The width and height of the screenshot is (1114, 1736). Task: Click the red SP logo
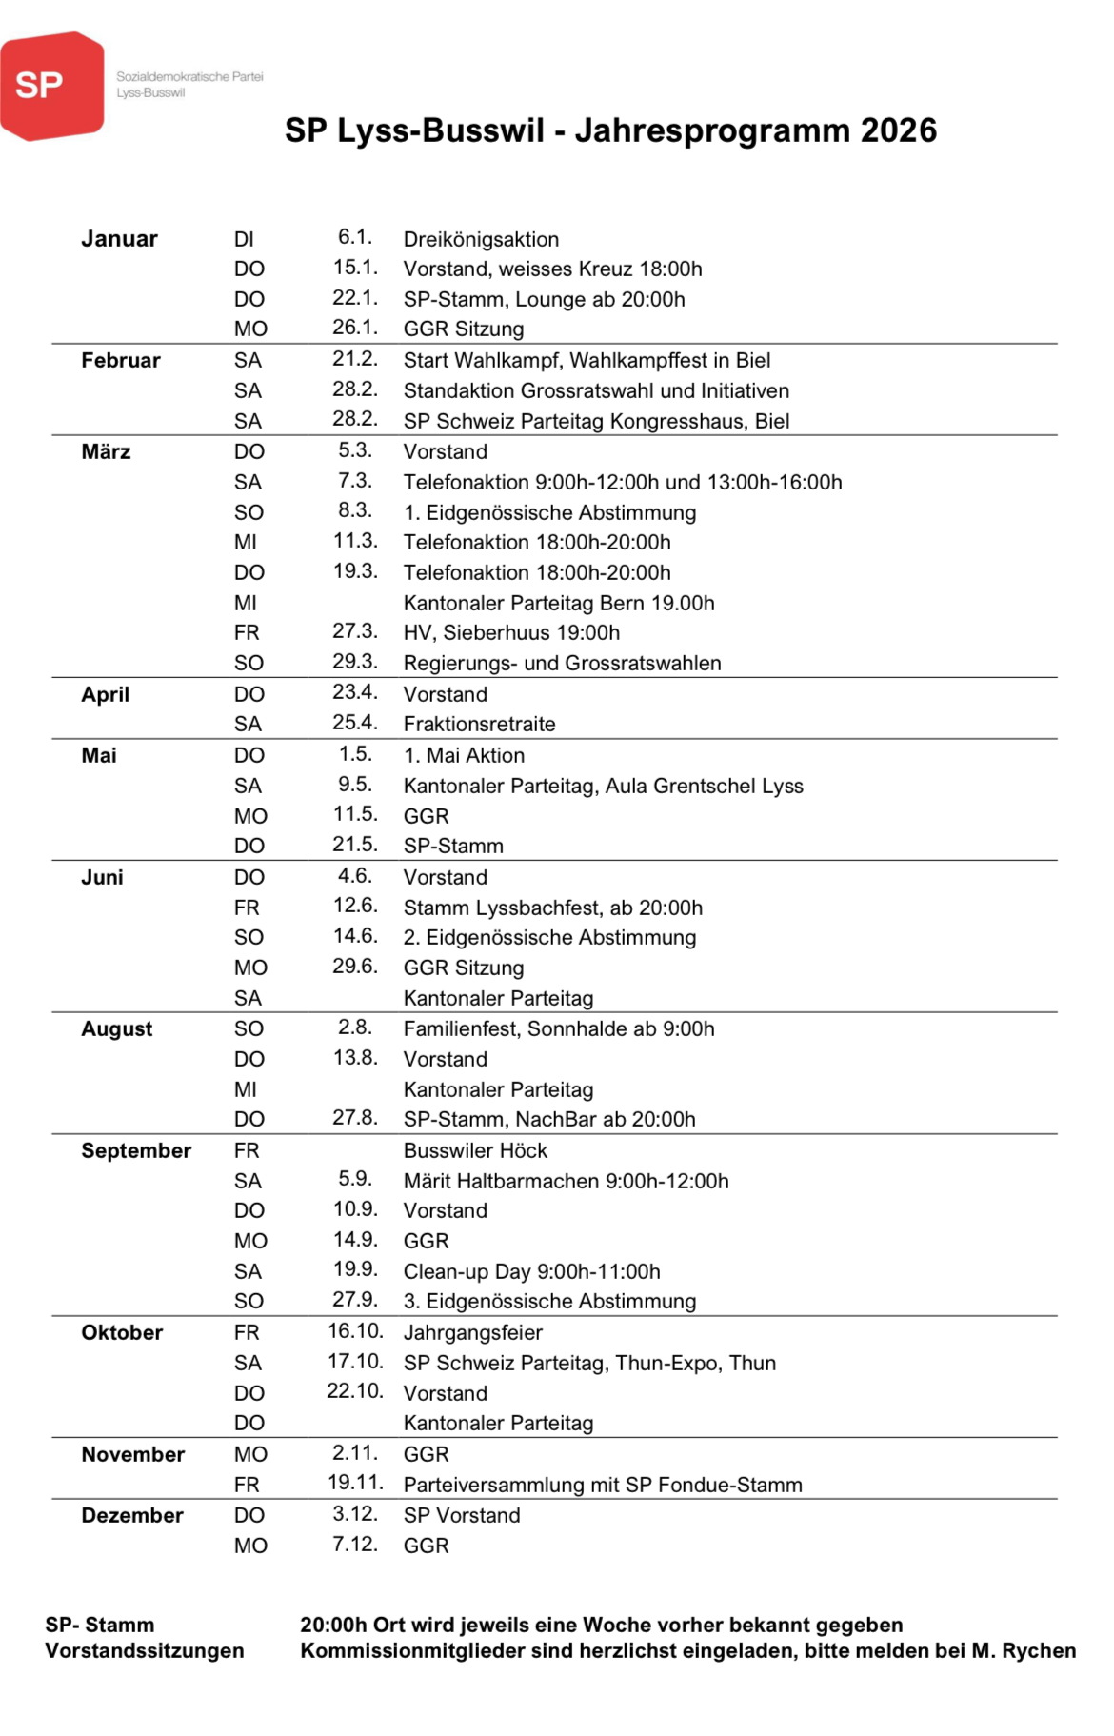[51, 86]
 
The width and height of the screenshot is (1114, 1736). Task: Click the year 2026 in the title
[898, 130]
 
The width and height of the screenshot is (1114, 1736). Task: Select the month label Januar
[119, 239]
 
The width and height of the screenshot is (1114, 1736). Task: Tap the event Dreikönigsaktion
[481, 239]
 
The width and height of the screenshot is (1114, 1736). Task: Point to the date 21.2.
[354, 359]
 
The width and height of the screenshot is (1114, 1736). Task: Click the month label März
[106, 451]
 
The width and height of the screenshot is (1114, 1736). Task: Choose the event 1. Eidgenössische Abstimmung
[549, 512]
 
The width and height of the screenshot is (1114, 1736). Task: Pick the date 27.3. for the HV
[354, 631]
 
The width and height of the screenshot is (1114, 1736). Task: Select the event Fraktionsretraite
[479, 724]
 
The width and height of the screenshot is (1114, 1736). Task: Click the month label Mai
[99, 755]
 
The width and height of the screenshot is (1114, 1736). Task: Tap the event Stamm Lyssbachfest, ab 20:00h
[552, 908]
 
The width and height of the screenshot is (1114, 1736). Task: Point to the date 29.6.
[354, 967]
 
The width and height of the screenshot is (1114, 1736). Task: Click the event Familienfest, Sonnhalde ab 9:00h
[558, 1028]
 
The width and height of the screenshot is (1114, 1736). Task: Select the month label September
[136, 1150]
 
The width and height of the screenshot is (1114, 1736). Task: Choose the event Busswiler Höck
[475, 1150]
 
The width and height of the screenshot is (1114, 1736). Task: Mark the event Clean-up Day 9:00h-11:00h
[531, 1271]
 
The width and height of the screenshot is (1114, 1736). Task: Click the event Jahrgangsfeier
[472, 1332]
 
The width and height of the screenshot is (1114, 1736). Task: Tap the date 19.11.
[355, 1483]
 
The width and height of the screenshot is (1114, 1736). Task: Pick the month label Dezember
[131, 1515]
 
